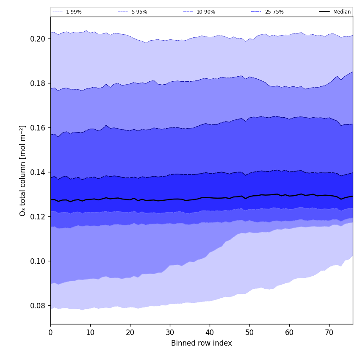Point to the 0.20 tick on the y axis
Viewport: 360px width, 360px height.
[x=39, y=39]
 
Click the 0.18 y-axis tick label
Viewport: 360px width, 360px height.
[x=39, y=83]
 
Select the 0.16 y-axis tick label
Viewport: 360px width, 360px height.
[x=39, y=128]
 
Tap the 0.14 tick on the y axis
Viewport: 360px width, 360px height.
[x=39, y=172]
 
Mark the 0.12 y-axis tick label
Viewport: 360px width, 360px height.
[x=39, y=217]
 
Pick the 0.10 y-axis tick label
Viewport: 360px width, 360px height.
[x=39, y=261]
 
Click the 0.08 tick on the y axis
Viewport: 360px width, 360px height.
[x=39, y=306]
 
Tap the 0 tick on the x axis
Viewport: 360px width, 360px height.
[x=50, y=333]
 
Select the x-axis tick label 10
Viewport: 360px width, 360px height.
[x=90, y=333]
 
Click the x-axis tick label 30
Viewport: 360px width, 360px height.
[x=170, y=333]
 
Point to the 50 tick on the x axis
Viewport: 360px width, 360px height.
[x=249, y=333]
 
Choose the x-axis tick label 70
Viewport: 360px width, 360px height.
[x=329, y=333]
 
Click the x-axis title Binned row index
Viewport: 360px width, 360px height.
[x=202, y=343]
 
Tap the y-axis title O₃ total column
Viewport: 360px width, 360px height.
[x=23, y=170]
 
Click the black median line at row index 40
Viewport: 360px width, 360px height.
[x=210, y=197]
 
